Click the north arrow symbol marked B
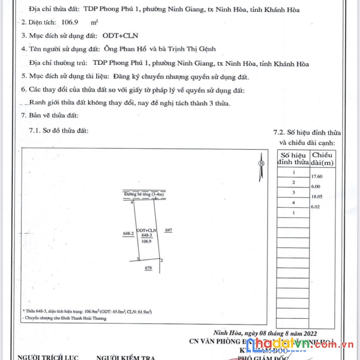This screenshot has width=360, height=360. click(x=261, y=163)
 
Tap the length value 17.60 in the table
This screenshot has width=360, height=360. click(x=316, y=176)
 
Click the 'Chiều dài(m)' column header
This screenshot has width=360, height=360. click(x=322, y=158)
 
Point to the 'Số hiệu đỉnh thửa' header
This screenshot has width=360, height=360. click(x=293, y=158)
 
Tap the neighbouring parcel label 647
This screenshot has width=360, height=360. click(x=168, y=230)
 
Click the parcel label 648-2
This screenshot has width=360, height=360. click(x=128, y=233)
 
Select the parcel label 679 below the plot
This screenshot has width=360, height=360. click(x=149, y=267)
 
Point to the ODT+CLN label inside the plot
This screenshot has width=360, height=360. click(x=146, y=230)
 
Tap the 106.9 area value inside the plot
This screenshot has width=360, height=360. click(x=146, y=240)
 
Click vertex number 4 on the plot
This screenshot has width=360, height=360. click(x=132, y=203)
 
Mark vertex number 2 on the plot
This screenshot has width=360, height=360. click(x=161, y=260)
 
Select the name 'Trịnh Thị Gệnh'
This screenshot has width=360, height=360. click(x=193, y=49)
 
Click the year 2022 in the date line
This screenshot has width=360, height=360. click(x=308, y=332)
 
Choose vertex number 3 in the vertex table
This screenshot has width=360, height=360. click(x=293, y=192)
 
